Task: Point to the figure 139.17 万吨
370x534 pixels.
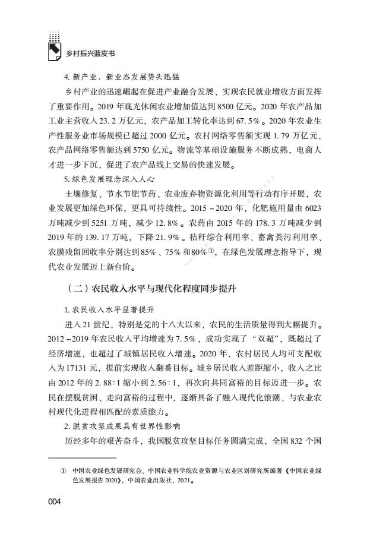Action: [124, 236]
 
